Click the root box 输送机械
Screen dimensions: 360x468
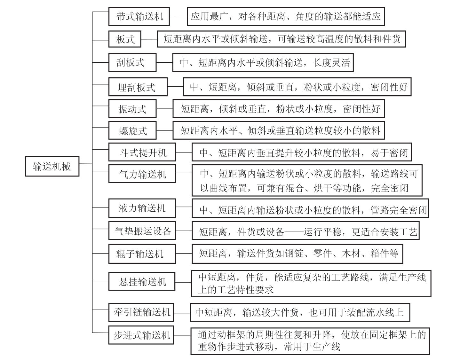tap(52, 166)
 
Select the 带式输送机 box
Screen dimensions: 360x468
tap(139, 17)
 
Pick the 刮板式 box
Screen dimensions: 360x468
tap(132, 63)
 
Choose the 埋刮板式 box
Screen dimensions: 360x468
tap(138, 87)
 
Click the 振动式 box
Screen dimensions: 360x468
tap(132, 109)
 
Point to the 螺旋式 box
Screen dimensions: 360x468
tap(132, 130)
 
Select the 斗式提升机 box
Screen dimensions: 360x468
tap(142, 153)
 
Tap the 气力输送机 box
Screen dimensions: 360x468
tap(142, 174)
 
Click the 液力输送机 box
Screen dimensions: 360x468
tap(142, 208)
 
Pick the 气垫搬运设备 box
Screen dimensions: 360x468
tap(142, 231)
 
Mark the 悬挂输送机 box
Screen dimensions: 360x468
tap(142, 282)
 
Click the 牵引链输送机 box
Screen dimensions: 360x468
tap(141, 312)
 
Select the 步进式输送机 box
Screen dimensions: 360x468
tap(141, 335)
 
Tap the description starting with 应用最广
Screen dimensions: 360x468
tap(285, 17)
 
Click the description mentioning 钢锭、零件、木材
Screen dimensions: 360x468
tap(297, 254)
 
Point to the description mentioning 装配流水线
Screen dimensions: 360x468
tap(300, 312)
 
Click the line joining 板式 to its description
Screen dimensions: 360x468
tap(149, 39)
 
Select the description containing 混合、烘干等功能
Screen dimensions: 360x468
tap(307, 180)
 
